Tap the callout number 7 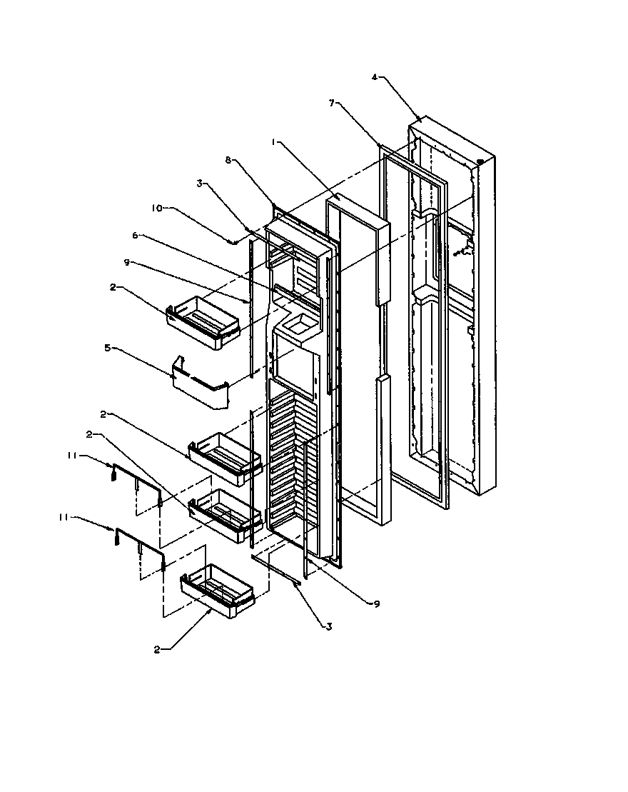pos(332,104)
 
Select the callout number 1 pos(273,143)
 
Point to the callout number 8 pos(228,161)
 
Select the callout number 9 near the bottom pos(376,603)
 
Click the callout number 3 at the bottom pos(329,627)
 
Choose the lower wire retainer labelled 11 pos(139,546)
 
